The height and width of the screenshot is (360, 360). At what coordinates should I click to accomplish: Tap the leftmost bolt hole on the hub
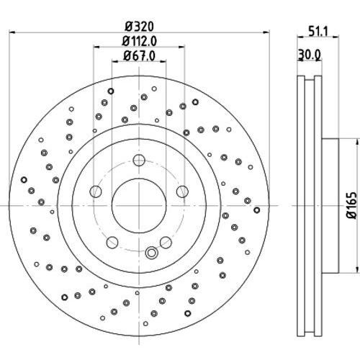95,191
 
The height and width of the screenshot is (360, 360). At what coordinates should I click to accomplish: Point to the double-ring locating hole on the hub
150,253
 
